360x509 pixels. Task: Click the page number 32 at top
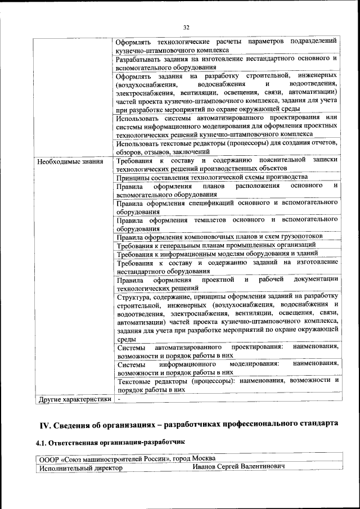pos(186,26)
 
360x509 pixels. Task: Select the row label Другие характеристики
pos(73,399)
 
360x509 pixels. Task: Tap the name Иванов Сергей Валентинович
pos(238,467)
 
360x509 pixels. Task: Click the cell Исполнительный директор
pos(80,467)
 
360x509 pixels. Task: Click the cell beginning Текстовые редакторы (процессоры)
pos(227,384)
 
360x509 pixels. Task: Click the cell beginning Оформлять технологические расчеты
pos(227,46)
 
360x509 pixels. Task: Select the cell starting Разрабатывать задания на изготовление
pos(227,62)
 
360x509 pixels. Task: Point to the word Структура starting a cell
pos(133,296)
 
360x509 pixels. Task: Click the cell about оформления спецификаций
pos(227,206)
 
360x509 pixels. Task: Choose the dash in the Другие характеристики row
pos(119,399)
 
